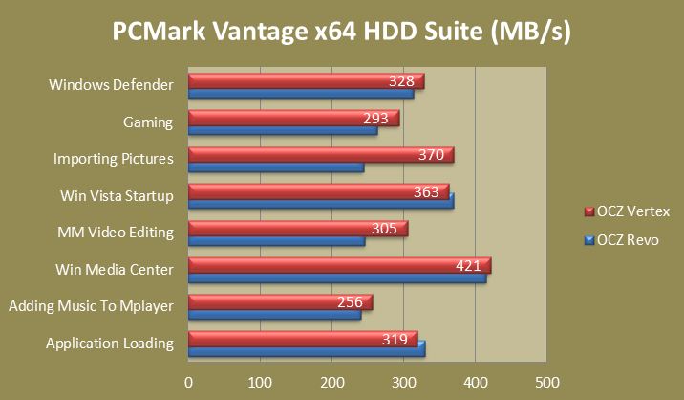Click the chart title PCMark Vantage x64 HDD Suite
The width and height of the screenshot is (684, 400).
click(342, 33)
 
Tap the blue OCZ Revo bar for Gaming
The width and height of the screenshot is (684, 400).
click(283, 131)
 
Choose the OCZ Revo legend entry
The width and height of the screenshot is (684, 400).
click(624, 238)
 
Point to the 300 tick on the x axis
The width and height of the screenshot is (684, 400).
click(404, 382)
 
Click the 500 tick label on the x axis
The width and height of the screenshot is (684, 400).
click(546, 382)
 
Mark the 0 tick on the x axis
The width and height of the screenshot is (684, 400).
click(189, 382)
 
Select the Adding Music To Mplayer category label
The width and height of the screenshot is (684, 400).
click(91, 306)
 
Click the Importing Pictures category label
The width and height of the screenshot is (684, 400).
click(113, 159)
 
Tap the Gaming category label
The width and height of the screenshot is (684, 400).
click(147, 122)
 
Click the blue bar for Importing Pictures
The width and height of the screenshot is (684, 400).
click(276, 167)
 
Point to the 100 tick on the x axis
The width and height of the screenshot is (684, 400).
click(261, 382)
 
